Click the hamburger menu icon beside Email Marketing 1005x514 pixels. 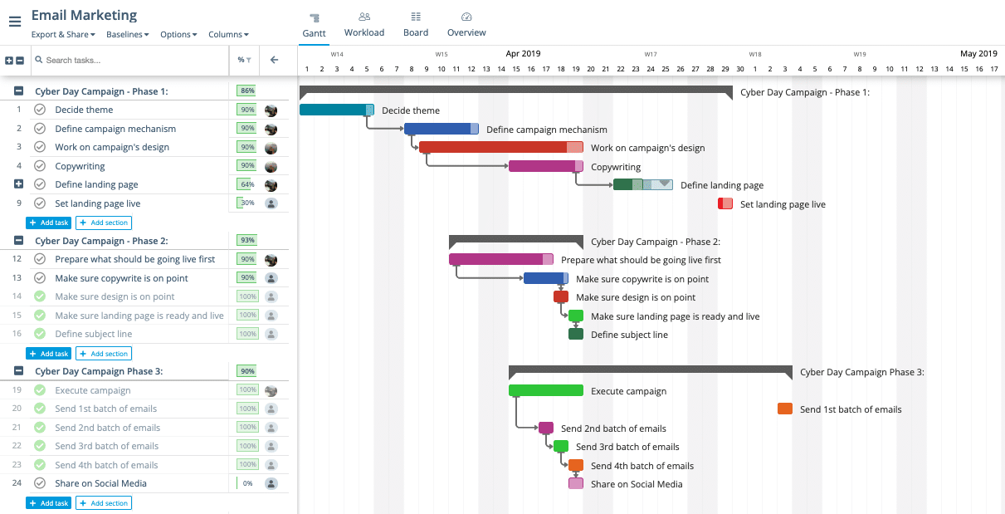pos(15,22)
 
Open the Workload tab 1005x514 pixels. pos(364,25)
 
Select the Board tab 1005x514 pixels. pos(416,25)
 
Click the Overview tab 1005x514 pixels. pos(466,25)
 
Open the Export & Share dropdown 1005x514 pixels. pos(63,35)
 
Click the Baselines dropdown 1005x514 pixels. pos(128,35)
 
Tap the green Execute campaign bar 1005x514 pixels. pos(545,390)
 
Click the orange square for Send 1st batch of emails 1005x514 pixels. pos(784,409)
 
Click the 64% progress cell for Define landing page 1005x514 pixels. pos(246,184)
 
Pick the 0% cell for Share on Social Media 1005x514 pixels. pos(246,483)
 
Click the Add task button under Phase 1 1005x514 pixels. pos(48,223)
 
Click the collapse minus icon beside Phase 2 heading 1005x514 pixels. pos(19,241)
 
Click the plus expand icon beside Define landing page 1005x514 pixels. pos(19,184)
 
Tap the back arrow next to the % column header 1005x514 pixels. pos(274,60)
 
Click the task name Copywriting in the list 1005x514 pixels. pos(80,166)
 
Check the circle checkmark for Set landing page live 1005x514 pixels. pos(40,203)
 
